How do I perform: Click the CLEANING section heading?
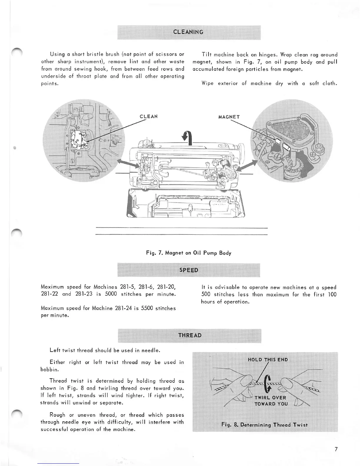point(188,32)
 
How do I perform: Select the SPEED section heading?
point(188,270)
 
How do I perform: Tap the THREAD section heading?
point(190,335)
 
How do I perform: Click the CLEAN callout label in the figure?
point(149,116)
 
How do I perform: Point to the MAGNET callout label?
point(229,117)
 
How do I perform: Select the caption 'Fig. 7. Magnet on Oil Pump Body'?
point(189,253)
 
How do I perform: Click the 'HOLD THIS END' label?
point(268,360)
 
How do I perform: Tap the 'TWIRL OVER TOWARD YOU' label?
point(271,401)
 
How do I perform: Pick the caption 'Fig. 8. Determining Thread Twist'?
point(264,425)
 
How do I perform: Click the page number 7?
point(336,449)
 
